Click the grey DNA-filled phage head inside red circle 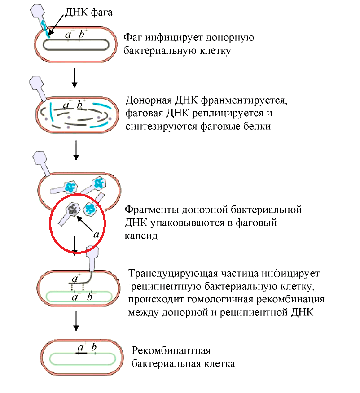click(x=73, y=209)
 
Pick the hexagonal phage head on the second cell click(x=36, y=83)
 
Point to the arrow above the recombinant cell click(x=76, y=321)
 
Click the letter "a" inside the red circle click(x=96, y=233)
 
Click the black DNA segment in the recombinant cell click(x=81, y=353)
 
